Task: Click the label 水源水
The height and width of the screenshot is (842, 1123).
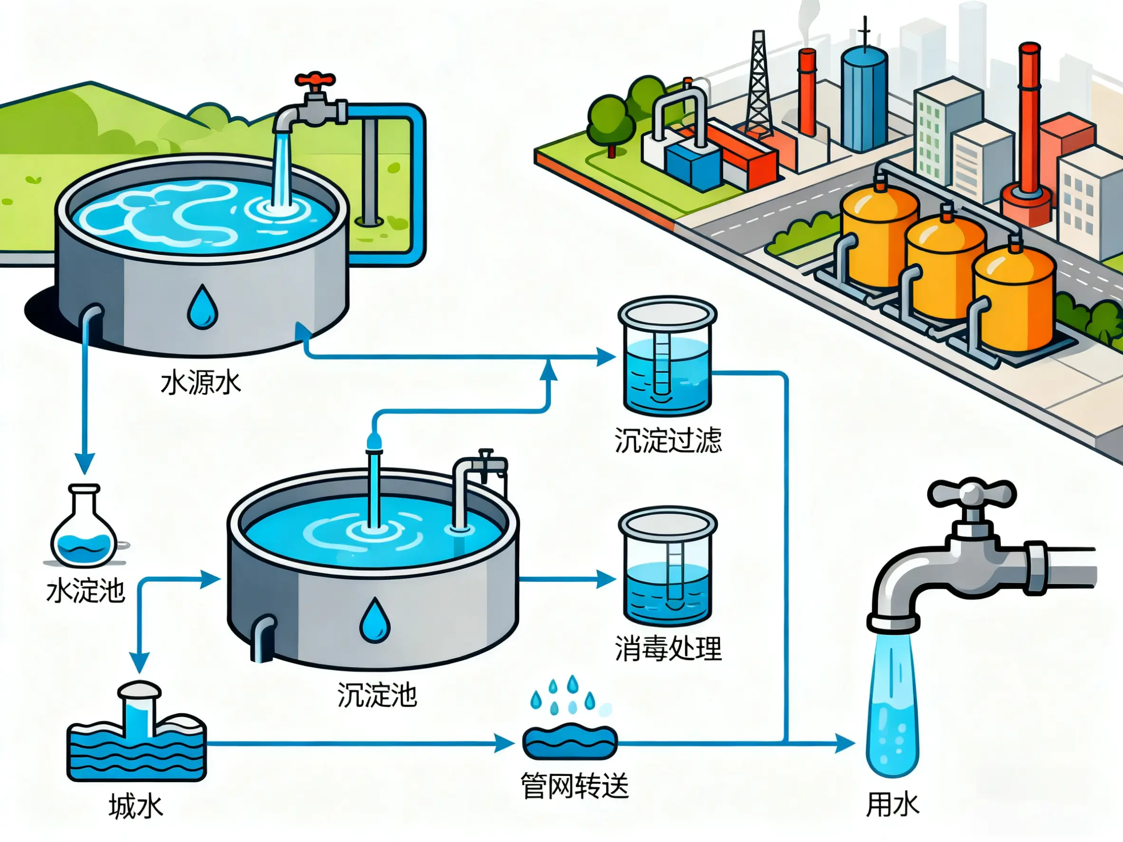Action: (200, 383)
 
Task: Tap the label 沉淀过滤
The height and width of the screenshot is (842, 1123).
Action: (667, 440)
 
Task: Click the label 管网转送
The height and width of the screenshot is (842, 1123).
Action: (575, 785)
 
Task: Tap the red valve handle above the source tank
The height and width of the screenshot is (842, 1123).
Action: (315, 80)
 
